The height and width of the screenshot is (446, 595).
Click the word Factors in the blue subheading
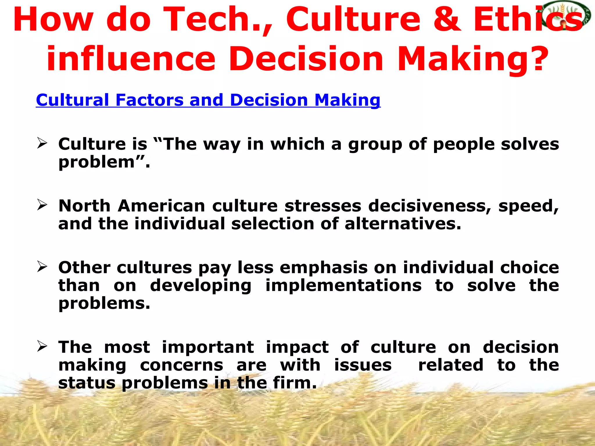pos(149,100)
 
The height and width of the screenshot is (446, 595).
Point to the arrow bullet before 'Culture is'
pos(42,143)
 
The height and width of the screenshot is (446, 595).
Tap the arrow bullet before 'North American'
pos(42,205)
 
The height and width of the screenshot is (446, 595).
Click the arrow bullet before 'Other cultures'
pos(42,267)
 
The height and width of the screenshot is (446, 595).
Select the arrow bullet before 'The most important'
pos(42,346)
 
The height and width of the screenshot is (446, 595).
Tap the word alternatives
pos(403,224)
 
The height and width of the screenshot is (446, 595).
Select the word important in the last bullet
pos(208,348)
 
